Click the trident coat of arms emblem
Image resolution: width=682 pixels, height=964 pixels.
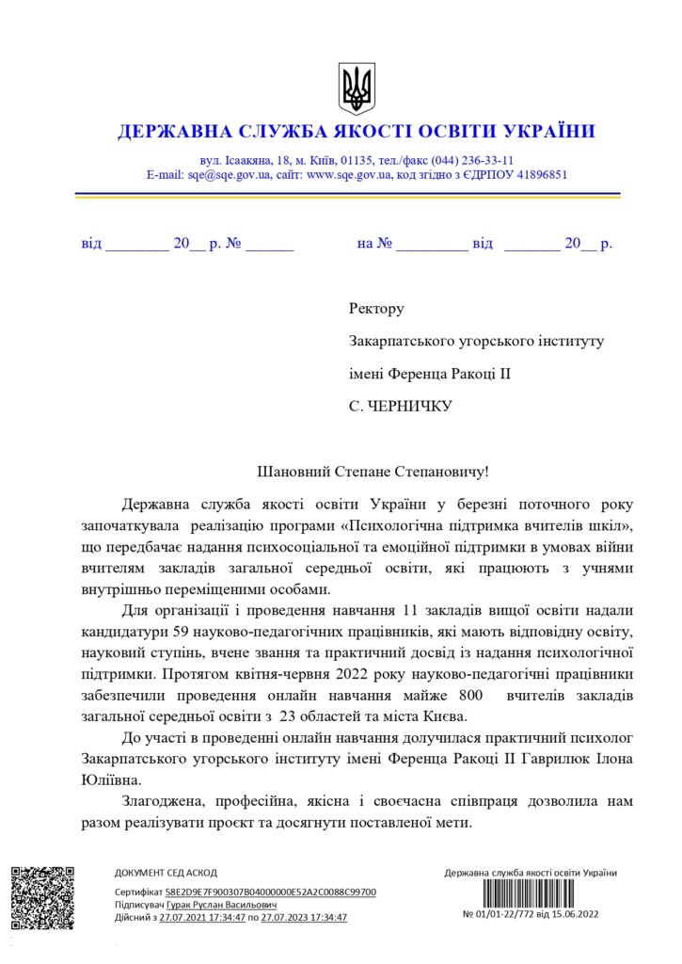357,88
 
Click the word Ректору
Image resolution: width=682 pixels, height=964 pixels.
376,308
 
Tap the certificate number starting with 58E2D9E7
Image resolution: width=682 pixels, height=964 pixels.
270,891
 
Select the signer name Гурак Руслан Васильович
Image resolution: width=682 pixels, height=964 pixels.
221,904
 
